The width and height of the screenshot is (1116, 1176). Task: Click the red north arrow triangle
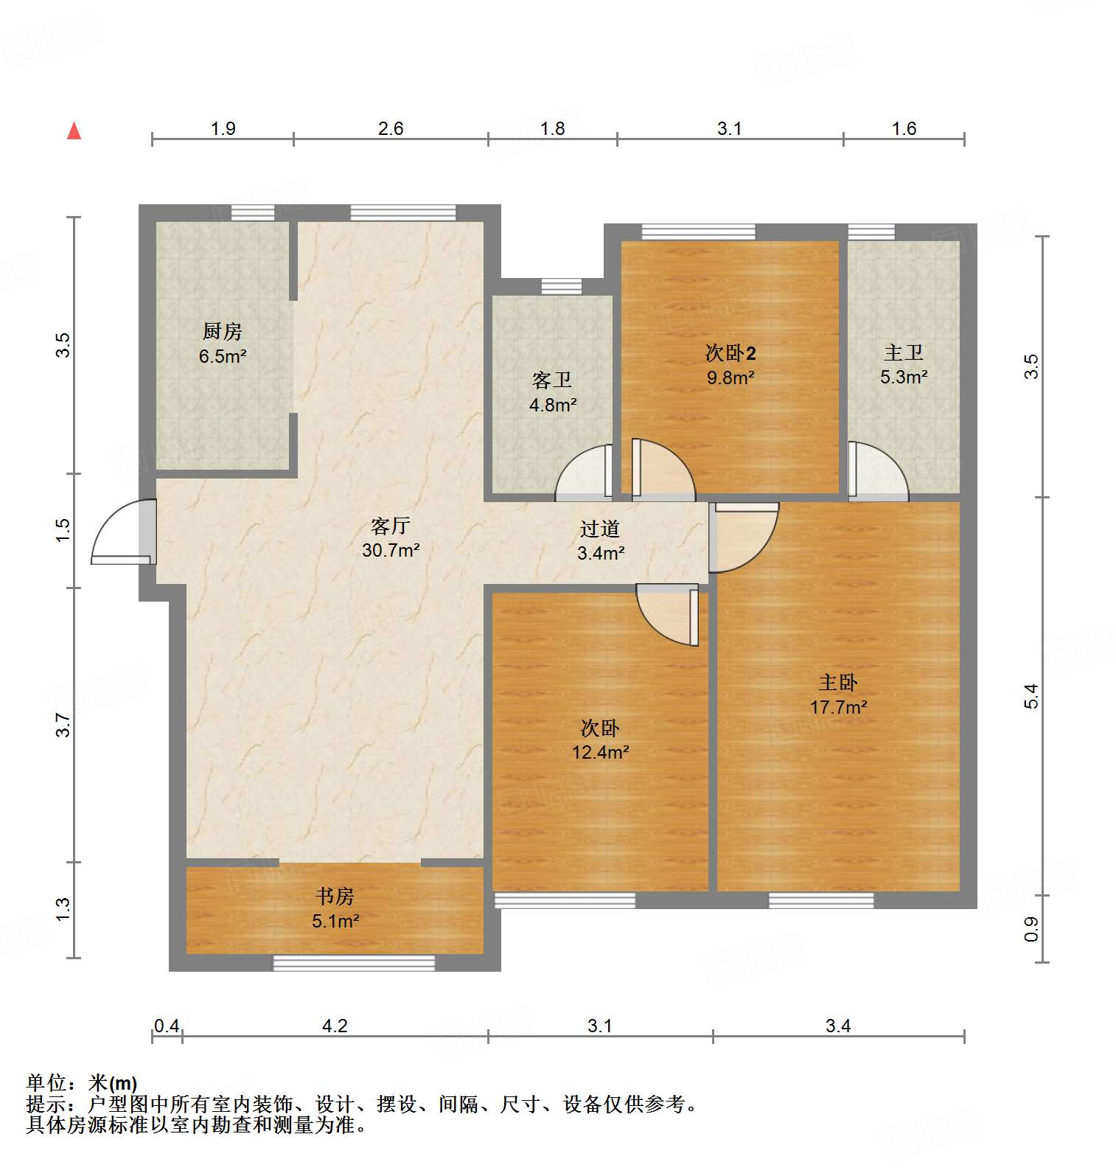pos(74,131)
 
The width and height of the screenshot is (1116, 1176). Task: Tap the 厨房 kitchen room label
pos(222,331)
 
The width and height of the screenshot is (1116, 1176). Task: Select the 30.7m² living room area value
pos(391,550)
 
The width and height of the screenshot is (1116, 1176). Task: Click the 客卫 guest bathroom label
pos(552,380)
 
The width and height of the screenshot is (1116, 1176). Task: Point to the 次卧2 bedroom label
pos(730,353)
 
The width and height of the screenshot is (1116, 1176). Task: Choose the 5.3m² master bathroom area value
pos(903,377)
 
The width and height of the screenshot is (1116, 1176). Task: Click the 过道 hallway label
pos(599,529)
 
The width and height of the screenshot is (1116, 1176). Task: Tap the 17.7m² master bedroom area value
pos(838,707)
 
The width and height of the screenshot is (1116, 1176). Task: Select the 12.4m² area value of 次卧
pos(600,753)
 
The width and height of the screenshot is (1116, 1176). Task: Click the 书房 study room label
pos(335,896)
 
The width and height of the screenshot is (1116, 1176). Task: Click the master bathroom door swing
pos(877,472)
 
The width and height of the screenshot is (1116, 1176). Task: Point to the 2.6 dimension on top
pos(391,128)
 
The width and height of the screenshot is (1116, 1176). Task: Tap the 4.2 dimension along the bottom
pos(335,1026)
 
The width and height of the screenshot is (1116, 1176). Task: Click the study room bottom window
pos(354,962)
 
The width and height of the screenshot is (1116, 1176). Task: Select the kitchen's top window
pos(253,213)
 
